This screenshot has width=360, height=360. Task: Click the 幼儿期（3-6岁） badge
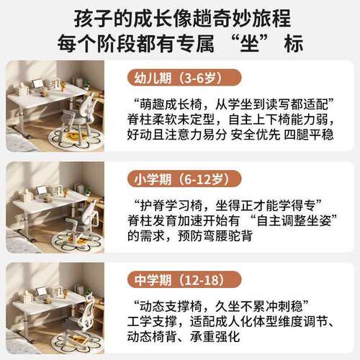coord(184,78)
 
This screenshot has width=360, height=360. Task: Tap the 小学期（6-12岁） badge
coord(184,179)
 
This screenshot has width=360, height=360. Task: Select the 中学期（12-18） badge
coord(184,280)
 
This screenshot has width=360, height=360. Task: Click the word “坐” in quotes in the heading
coord(250,44)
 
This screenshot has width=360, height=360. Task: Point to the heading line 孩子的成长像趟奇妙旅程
coord(182,19)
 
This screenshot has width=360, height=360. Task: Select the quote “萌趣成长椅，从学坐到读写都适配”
coord(234,104)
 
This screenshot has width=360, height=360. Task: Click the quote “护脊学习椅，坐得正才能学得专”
coord(228,205)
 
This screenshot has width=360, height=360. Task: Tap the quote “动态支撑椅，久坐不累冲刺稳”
coord(221,306)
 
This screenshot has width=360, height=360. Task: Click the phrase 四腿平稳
coord(309,135)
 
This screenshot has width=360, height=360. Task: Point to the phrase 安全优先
coord(256,135)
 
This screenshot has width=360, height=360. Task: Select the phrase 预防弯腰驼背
coord(215,236)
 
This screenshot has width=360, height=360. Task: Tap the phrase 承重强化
coord(215,336)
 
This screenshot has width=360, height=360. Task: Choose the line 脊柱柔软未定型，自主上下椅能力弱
coord(230,120)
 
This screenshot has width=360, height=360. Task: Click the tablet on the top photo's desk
coord(37,84)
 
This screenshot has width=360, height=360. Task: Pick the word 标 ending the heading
coord(294,44)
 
